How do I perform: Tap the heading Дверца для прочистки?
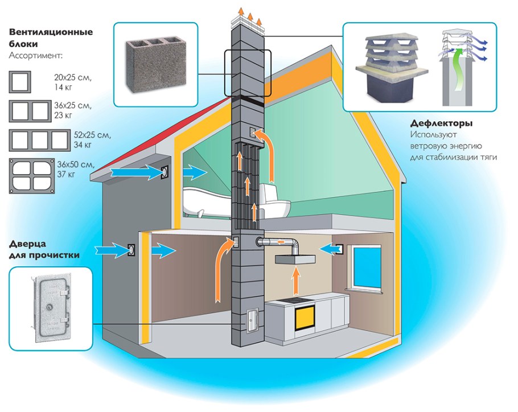tap(44, 250)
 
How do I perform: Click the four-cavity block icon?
tap(31, 175)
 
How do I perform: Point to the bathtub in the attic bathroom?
tap(205, 203)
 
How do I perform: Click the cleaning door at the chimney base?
tap(251, 319)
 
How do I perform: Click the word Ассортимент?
tap(36, 56)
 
